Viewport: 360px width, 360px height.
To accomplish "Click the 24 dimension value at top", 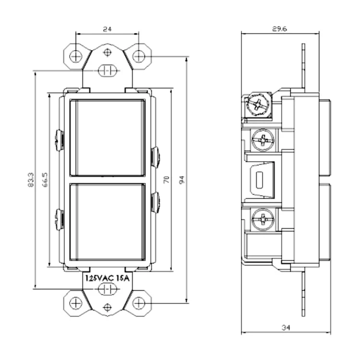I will [108, 29].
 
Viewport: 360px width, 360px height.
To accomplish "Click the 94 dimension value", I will [182, 180].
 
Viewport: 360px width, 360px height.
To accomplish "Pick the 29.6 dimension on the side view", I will [279, 29].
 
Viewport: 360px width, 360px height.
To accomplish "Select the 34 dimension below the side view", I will [286, 328].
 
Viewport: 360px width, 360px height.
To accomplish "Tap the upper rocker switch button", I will [108, 138].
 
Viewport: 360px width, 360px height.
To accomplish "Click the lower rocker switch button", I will [108, 222].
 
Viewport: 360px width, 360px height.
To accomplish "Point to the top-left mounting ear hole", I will [75, 56].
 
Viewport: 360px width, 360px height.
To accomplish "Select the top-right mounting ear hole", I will [139, 56].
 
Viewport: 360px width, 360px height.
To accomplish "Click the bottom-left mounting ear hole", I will [75, 303].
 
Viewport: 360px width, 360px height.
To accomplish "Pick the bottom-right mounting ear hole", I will [139, 303].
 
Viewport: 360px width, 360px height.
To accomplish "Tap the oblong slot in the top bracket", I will [108, 71].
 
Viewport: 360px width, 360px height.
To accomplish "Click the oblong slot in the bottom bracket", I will [108, 289].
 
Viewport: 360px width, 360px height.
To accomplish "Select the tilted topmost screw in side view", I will [258, 105].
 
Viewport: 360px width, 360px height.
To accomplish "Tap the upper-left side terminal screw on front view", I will [60, 140].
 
